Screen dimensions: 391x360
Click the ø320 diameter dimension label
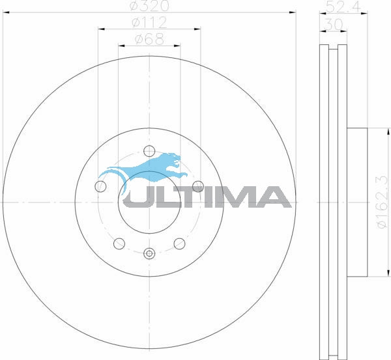coord(149,6)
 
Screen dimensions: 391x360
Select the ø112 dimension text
coord(149,22)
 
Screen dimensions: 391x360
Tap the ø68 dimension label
coord(149,39)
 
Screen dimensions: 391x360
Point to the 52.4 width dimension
coord(343,7)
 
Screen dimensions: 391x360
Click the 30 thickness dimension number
coord(334,25)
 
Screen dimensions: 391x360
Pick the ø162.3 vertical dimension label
coord(383,202)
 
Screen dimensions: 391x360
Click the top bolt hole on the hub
coord(149,151)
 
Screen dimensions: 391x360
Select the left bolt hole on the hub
coord(100,186)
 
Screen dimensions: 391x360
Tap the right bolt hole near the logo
coord(198,186)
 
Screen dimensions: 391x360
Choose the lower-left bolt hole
coord(119,243)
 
